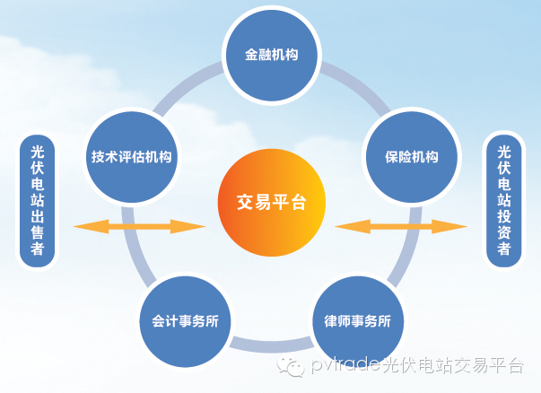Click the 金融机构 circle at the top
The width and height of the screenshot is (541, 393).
click(271, 54)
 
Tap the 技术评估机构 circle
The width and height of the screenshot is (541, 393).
click(132, 156)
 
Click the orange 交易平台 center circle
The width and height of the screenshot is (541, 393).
click(271, 202)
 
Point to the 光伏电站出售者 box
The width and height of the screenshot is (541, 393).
click(38, 201)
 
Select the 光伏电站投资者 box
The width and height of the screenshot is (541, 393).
click(503, 201)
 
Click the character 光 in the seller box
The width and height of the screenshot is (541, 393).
click(38, 151)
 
